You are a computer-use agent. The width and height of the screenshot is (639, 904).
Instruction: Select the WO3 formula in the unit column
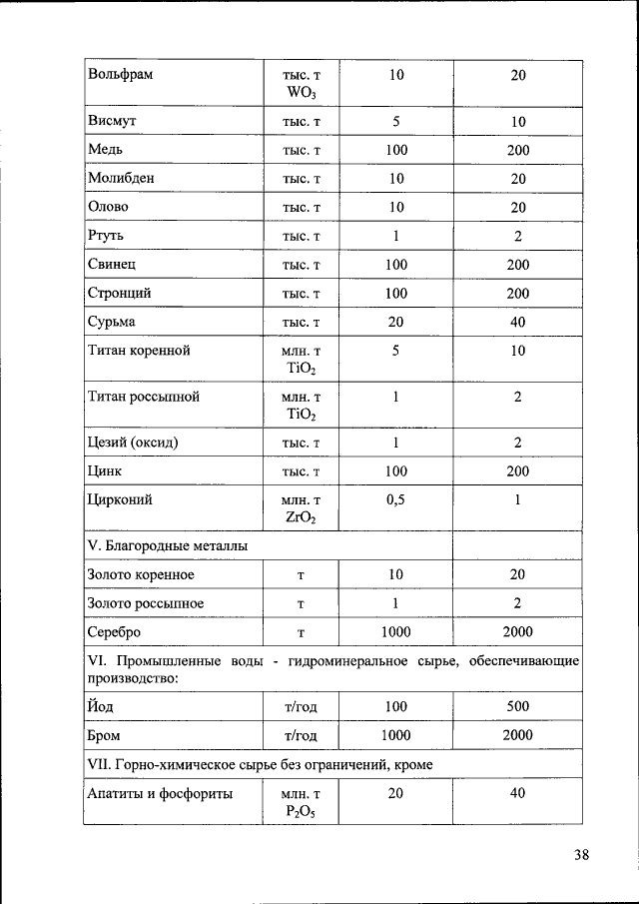point(301,94)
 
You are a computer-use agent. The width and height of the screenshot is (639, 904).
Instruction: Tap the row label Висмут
point(112,122)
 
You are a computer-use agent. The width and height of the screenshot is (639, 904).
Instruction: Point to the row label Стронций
point(120,294)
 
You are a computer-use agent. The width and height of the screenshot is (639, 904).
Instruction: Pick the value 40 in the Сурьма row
point(517,322)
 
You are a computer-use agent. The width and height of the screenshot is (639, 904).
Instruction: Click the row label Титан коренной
point(139,351)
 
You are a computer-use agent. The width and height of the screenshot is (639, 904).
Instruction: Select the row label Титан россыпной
point(144,397)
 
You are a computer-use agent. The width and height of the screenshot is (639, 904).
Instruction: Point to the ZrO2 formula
point(301,517)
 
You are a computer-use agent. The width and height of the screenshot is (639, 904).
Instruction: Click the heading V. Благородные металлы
point(168,546)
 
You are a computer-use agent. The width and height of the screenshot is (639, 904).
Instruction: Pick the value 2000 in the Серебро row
point(517,632)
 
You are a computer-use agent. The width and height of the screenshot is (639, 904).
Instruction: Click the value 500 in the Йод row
point(517,707)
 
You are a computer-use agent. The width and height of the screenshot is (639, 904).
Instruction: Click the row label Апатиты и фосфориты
point(160,794)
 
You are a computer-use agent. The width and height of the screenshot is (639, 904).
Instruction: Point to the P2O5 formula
point(301,812)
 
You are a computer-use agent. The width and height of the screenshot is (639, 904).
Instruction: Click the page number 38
point(582,854)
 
